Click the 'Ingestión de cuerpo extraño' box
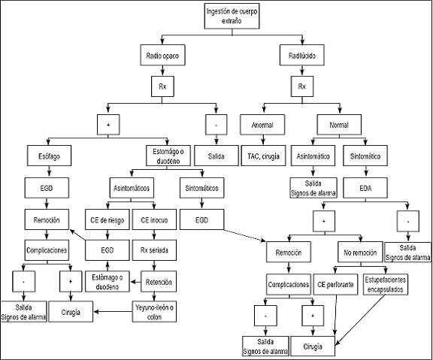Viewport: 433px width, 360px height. click(x=232, y=16)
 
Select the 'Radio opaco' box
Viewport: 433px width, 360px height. click(x=162, y=55)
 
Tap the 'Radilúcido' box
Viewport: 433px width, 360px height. click(x=302, y=55)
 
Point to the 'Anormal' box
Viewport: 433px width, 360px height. click(x=262, y=125)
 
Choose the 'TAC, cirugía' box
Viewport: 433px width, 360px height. click(x=263, y=156)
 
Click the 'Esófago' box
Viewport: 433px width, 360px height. click(x=49, y=156)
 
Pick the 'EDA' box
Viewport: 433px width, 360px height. click(x=365, y=188)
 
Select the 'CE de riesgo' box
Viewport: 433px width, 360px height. click(x=107, y=219)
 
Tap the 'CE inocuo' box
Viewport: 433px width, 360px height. click(x=154, y=219)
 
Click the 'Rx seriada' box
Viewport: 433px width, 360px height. click(x=154, y=250)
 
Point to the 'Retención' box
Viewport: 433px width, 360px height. click(x=159, y=282)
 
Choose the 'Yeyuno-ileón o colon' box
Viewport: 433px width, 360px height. click(x=154, y=311)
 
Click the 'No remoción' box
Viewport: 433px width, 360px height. click(x=360, y=252)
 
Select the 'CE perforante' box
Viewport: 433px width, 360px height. click(x=335, y=284)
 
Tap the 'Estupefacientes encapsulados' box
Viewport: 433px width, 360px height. click(x=385, y=284)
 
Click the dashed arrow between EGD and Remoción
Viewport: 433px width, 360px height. click(x=244, y=235)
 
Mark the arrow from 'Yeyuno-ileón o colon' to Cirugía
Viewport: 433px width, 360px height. click(x=113, y=312)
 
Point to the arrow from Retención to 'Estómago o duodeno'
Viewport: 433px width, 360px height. click(x=135, y=282)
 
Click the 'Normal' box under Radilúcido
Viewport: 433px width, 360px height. click(x=339, y=125)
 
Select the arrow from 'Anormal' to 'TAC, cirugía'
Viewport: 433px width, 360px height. click(x=263, y=141)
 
